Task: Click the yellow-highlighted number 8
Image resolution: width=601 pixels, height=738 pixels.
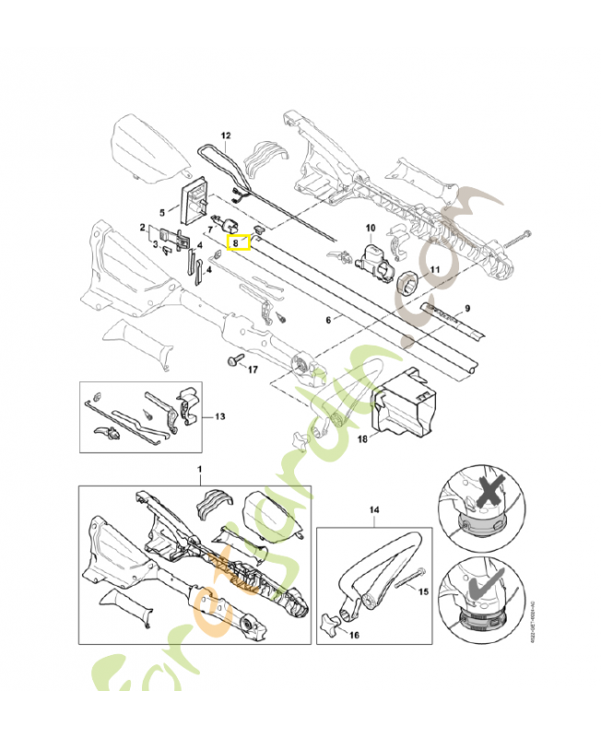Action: pyautogui.click(x=238, y=244)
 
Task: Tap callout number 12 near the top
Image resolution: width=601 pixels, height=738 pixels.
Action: pyautogui.click(x=226, y=137)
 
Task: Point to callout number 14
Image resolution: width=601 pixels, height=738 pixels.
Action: pyautogui.click(x=374, y=509)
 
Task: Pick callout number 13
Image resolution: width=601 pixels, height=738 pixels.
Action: pyautogui.click(x=219, y=416)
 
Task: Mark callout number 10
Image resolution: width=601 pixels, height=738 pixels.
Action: pyautogui.click(x=371, y=227)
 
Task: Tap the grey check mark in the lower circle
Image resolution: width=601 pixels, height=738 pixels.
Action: pyautogui.click(x=478, y=582)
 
